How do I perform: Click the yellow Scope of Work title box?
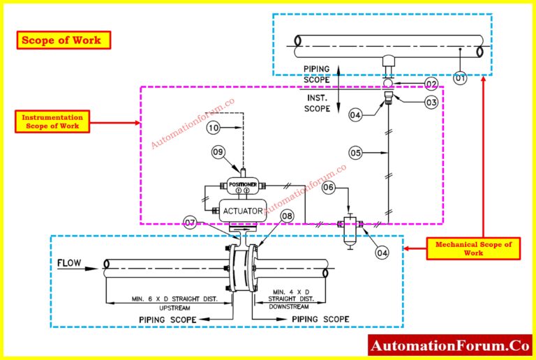point(64,40)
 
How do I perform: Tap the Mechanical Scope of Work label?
point(473,248)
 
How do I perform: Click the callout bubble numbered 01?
point(460,78)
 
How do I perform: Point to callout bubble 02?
point(431,84)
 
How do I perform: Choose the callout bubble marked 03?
point(431,102)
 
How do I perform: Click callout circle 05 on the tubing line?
point(355,152)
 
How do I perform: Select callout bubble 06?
point(329,188)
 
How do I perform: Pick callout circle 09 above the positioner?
point(219,151)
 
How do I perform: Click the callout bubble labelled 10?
point(214,128)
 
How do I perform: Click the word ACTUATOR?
point(241,210)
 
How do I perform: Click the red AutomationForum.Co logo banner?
point(449,345)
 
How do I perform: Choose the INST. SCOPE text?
point(317,104)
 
